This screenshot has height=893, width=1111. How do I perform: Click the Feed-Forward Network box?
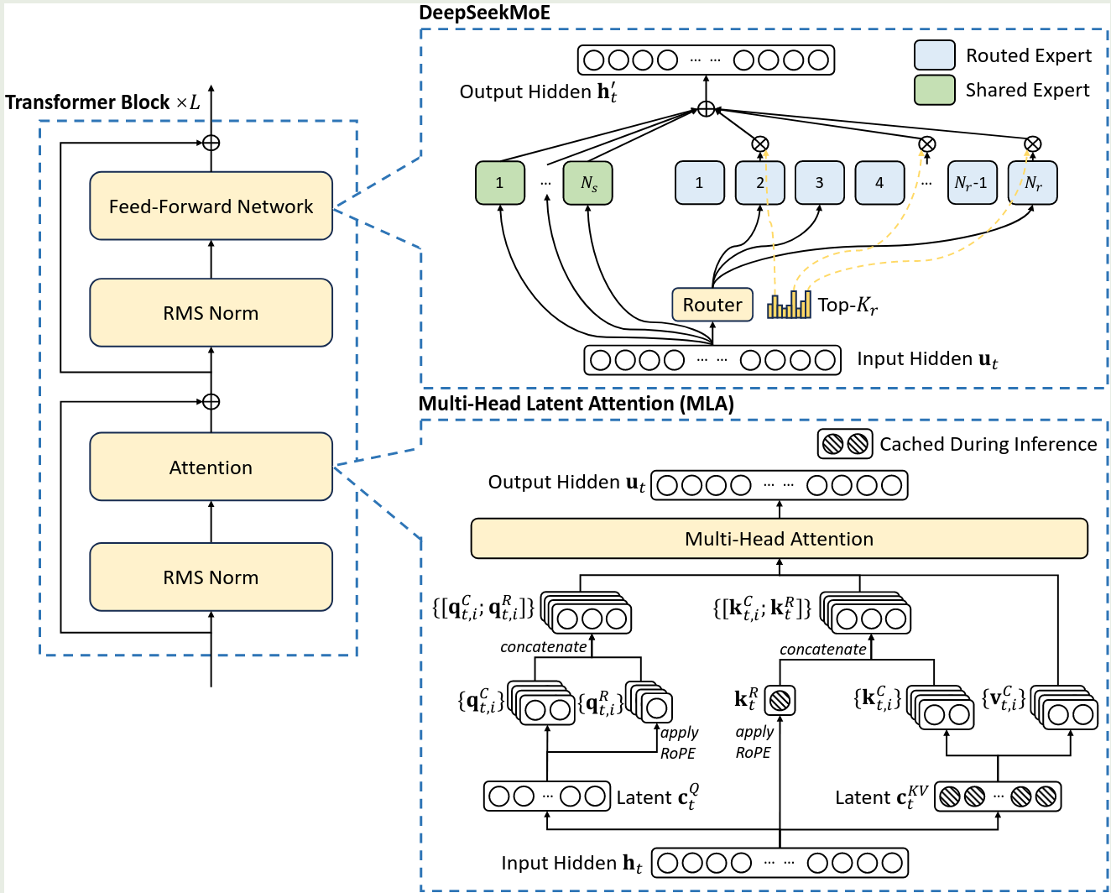[x=211, y=206]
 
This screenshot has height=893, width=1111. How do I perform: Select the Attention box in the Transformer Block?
[x=211, y=467]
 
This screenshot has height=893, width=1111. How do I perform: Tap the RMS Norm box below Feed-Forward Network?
[x=211, y=313]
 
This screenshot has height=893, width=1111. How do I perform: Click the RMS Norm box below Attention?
[x=211, y=577]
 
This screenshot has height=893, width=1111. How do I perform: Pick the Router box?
[x=712, y=305]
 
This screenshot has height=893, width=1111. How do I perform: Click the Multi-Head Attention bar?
[x=779, y=539]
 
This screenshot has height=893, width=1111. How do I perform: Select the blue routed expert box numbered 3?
[x=819, y=183]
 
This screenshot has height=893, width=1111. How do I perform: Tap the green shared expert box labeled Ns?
[x=588, y=183]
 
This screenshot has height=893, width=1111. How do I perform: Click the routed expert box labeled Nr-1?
[x=972, y=183]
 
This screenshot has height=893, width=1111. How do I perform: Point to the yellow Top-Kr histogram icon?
[x=789, y=305]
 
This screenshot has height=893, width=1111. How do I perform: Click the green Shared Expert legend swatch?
[x=934, y=90]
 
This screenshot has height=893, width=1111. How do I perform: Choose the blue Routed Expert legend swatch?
[x=934, y=55]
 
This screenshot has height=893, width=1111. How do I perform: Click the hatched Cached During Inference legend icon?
[x=845, y=444]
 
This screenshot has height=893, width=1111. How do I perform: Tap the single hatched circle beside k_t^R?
[x=780, y=700]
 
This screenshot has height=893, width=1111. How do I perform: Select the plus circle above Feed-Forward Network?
[x=211, y=143]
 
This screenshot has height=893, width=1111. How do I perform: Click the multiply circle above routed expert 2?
[x=759, y=144]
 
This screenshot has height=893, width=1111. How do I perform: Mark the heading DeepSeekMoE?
[x=484, y=13]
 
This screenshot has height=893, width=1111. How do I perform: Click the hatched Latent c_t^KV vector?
[x=998, y=796]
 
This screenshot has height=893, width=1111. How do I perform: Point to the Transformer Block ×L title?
[x=102, y=102]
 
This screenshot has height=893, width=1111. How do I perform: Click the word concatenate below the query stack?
[x=544, y=647]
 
